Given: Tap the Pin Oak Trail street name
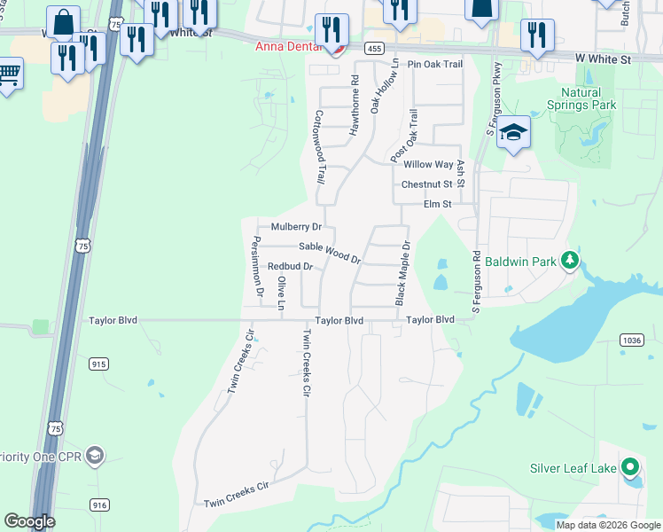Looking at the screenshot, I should pos(435,65).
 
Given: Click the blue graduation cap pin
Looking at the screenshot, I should pos(513,133).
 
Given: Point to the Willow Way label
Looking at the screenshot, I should pos(428,165).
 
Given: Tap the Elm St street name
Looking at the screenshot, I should pos(438,204).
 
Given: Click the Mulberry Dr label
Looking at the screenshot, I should pos(295,227).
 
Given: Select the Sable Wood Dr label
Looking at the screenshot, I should pos(329,252).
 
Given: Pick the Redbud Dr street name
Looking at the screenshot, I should pos(290,266).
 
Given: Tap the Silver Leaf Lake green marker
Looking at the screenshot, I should pos(629,466).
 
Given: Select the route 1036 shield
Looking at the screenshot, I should pos(632,340).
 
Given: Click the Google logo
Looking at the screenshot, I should pos(29,521).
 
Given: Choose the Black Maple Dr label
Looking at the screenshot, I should pos(402,270).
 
